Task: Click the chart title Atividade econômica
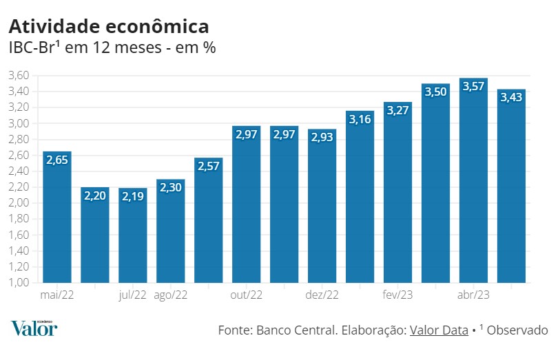(108, 26)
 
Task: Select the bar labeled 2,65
(57, 220)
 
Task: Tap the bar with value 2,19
(133, 237)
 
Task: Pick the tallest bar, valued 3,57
(474, 186)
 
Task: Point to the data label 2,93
(322, 138)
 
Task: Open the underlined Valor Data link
(439, 330)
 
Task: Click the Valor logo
(34, 328)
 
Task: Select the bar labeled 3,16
(360, 200)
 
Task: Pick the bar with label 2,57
(209, 224)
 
